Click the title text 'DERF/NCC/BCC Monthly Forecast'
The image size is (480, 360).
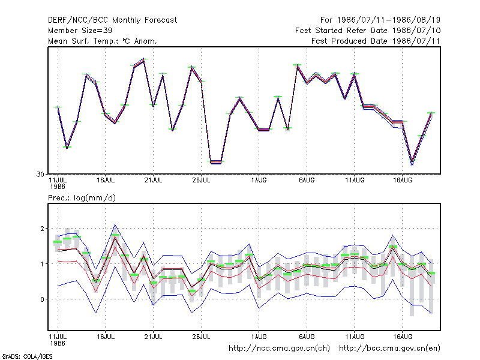(x=112, y=20)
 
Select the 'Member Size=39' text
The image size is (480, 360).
(x=80, y=31)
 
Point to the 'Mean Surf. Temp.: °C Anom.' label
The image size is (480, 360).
(x=102, y=41)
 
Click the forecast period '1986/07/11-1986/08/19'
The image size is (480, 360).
(x=388, y=20)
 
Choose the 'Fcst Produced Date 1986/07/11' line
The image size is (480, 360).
(x=376, y=41)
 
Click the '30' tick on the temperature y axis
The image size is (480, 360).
(x=40, y=175)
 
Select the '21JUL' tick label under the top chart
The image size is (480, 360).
(x=153, y=181)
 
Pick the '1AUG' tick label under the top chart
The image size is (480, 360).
(x=259, y=181)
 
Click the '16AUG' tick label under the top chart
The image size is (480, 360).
(x=403, y=181)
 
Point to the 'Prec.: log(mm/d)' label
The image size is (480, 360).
(x=82, y=198)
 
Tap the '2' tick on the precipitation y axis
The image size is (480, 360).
(x=42, y=229)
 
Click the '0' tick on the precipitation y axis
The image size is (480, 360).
(x=42, y=299)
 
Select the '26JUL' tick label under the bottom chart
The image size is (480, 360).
(x=201, y=337)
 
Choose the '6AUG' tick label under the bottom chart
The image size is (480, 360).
(x=307, y=337)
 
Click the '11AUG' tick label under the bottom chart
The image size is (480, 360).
(x=355, y=337)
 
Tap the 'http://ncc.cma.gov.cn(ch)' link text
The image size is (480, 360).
(x=280, y=349)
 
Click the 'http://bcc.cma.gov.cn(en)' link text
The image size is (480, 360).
(x=389, y=349)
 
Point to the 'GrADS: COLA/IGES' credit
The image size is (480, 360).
(x=27, y=356)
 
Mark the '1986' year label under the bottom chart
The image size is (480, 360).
(x=58, y=343)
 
